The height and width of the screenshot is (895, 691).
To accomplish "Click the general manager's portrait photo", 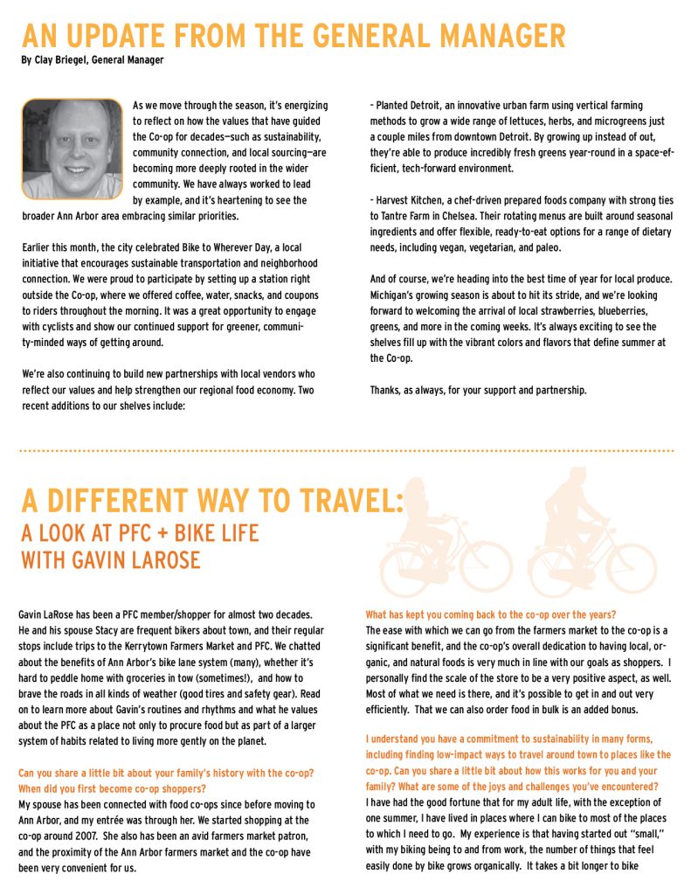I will coord(72,149).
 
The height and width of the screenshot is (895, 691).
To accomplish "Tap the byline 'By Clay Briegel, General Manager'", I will coord(92,60).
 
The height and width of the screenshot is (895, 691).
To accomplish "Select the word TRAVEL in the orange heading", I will coord(342,501).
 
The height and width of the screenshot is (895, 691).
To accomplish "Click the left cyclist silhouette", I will coord(440,542).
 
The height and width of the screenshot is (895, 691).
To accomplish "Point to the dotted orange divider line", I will coord(345,451).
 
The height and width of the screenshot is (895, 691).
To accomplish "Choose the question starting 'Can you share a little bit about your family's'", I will coord(166,774).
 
